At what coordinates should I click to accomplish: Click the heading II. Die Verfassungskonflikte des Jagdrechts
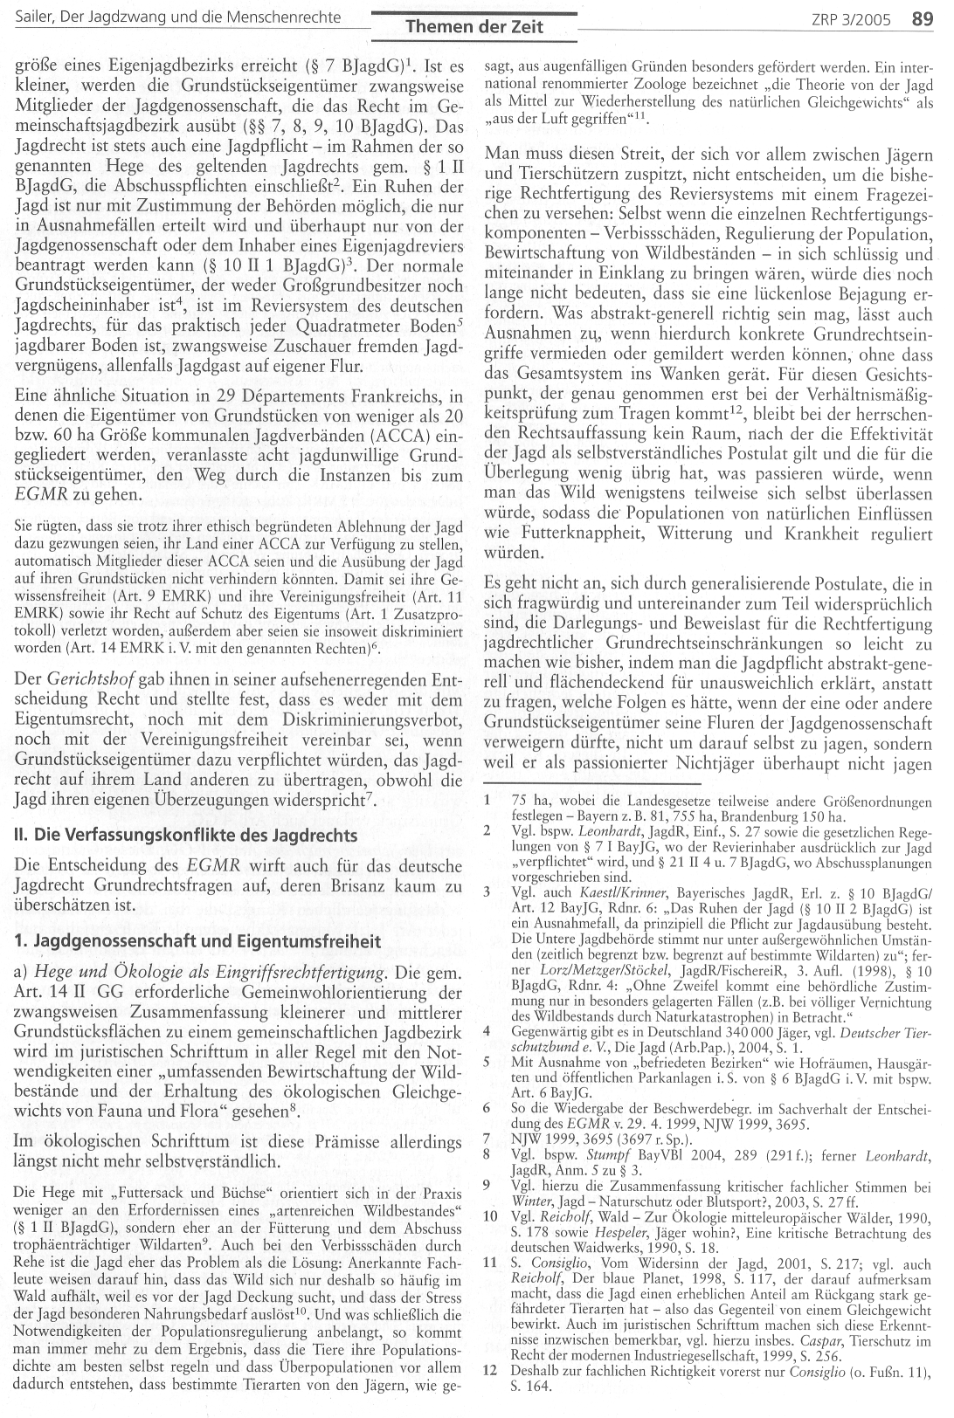click(186, 835)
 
